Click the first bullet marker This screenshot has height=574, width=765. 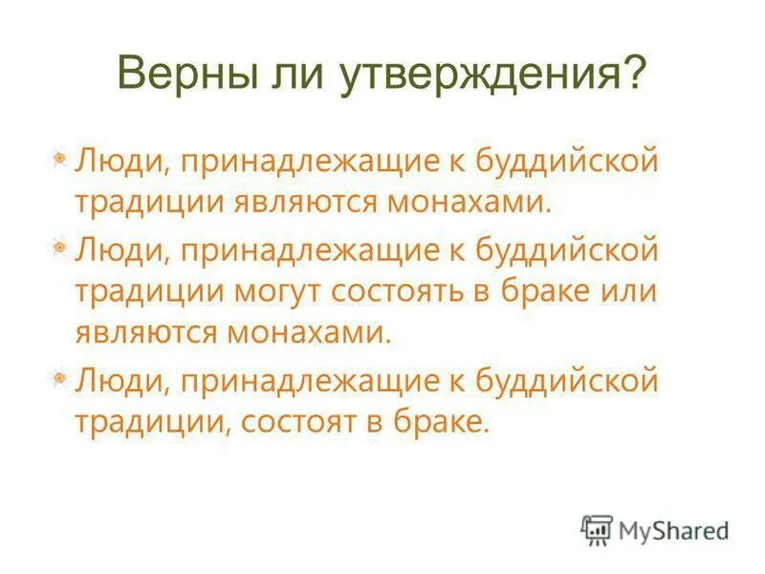[x=59, y=157]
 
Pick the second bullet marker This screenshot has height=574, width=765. [x=59, y=248]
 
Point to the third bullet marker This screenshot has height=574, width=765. [x=59, y=379]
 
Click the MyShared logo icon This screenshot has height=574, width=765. [x=597, y=530]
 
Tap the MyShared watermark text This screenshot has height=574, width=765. [x=673, y=530]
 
